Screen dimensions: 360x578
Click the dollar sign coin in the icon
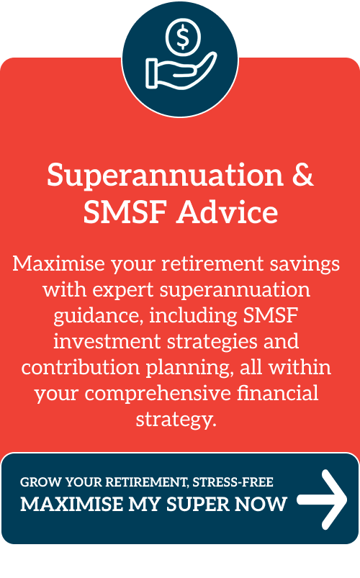tap(183, 37)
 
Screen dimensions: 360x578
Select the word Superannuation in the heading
tap(165, 176)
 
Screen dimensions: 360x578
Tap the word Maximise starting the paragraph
tap(59, 263)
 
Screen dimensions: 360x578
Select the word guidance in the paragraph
tap(98, 316)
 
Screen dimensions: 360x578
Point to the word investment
tap(107, 341)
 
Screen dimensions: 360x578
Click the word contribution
tap(81, 368)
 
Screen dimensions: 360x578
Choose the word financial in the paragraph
tap(277, 393)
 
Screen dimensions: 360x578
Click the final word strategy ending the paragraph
tap(176, 420)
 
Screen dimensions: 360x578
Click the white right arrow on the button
tap(323, 500)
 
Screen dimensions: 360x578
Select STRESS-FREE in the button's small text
tap(233, 482)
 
